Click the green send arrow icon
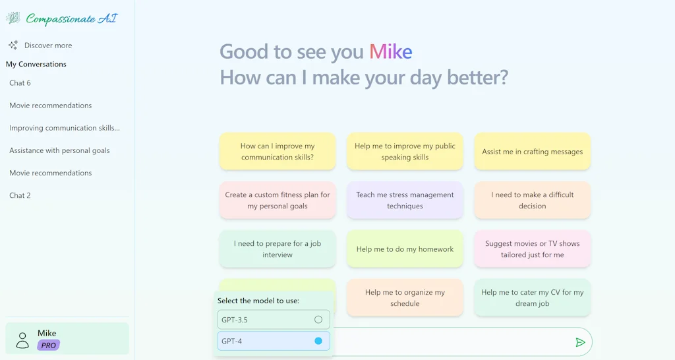coord(580,342)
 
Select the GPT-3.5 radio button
coord(318,320)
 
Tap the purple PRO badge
coord(49,345)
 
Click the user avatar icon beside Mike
coord(22,340)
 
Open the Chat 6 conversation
coord(20,83)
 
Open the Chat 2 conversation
coord(20,195)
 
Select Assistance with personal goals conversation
coord(59,150)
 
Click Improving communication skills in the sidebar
coord(65,128)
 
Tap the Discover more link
coord(47,45)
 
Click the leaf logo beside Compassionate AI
coord(13,18)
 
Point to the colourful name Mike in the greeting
coord(390,51)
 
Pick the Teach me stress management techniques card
coord(405,200)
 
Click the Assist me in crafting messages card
coord(532,152)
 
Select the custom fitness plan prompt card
coord(278,200)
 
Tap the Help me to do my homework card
coord(405,249)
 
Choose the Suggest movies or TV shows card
coord(532,249)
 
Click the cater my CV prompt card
coord(532,298)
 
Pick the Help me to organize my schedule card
coord(405,298)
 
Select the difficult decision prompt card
coord(532,200)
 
